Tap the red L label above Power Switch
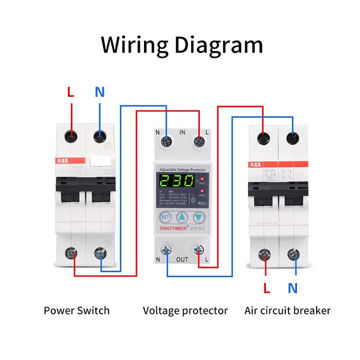point(70,92)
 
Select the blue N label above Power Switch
point(100,92)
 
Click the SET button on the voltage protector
point(165,217)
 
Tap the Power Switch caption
point(77,311)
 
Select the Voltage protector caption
point(185,311)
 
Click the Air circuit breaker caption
point(287,311)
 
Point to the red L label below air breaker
point(268,288)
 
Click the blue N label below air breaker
point(293,288)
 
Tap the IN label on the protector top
point(182,133)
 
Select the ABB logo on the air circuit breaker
point(255,165)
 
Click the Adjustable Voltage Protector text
point(182,170)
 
